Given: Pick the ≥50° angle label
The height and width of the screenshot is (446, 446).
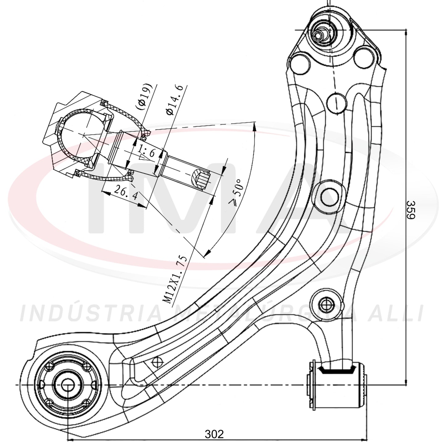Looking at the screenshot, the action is pyautogui.click(x=236, y=192).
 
